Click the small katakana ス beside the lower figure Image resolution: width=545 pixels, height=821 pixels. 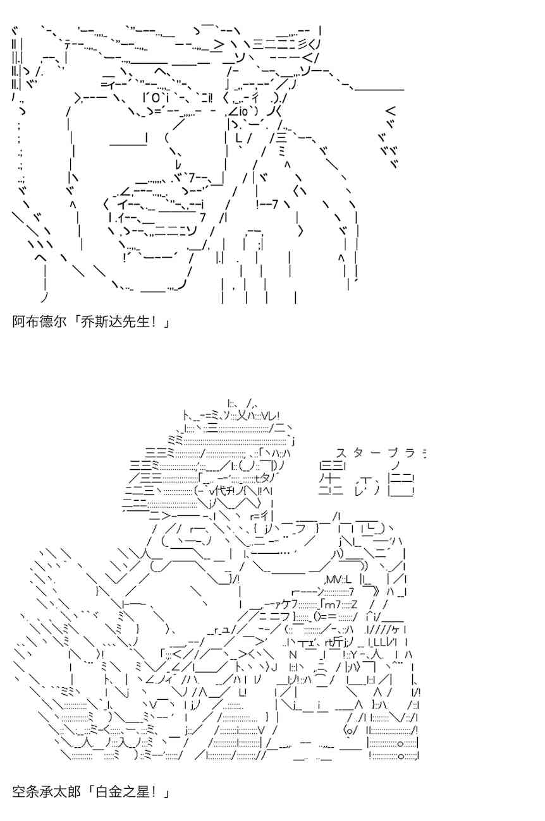pyautogui.click(x=341, y=453)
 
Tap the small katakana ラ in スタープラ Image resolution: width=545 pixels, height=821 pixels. pyautogui.click(x=410, y=453)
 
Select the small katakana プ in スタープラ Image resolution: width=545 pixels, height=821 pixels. pyautogui.click(x=393, y=453)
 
